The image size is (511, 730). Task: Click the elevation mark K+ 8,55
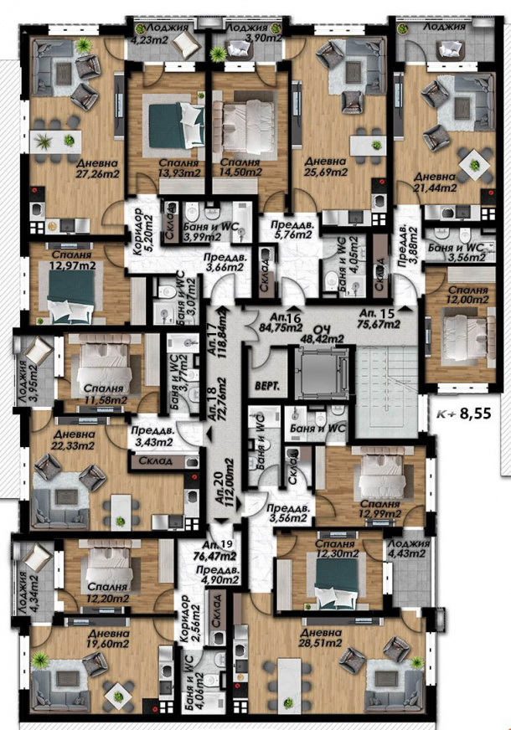[x=465, y=413]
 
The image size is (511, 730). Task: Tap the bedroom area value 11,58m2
[x=104, y=400]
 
